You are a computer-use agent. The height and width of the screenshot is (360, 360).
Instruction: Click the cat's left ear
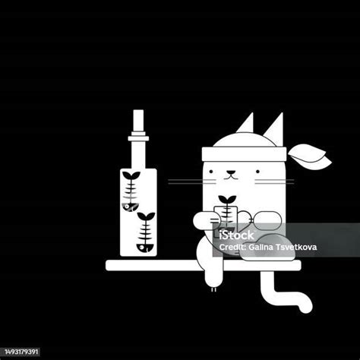tap(247, 125)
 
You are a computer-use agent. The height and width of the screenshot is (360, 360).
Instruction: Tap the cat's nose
tap(230, 173)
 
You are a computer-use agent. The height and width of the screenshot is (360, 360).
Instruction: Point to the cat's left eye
tap(211, 172)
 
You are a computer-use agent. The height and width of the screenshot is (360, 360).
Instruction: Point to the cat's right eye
tap(257, 172)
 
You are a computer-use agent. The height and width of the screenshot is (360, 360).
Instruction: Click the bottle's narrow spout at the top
tap(138, 121)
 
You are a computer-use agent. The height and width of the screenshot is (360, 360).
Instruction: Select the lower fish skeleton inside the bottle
tap(146, 232)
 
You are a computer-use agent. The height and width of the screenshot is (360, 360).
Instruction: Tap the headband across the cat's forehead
tap(244, 154)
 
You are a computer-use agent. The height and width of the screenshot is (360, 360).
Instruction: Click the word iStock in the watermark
tap(236, 235)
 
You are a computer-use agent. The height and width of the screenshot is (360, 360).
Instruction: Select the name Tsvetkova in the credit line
tap(296, 247)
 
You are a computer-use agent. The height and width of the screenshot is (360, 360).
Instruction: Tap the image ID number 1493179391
tap(21, 352)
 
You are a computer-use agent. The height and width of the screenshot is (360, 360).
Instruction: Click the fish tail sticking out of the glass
tap(227, 199)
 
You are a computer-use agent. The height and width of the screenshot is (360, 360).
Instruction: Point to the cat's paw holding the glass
tap(204, 221)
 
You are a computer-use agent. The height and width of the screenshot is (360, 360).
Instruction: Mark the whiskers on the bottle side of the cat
tap(192, 182)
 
